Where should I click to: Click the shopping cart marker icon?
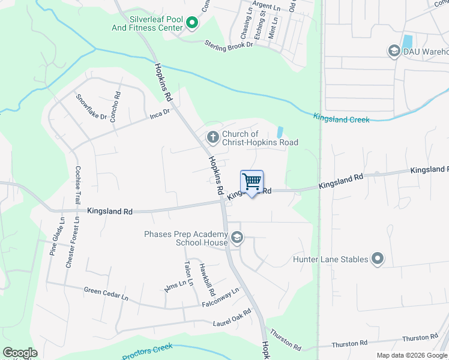(x=252, y=182)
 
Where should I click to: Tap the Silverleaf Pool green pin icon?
(x=192, y=23)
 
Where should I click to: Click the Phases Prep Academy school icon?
(x=237, y=238)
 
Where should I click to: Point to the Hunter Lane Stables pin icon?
(x=378, y=259)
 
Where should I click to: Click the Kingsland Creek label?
(x=342, y=119)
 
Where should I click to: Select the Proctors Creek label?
(x=148, y=352)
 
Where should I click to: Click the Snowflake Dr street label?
(x=91, y=107)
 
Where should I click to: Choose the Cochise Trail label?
(x=77, y=185)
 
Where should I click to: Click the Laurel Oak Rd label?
(x=232, y=318)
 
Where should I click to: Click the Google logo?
(x=20, y=353)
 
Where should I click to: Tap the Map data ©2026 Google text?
(x=412, y=355)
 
